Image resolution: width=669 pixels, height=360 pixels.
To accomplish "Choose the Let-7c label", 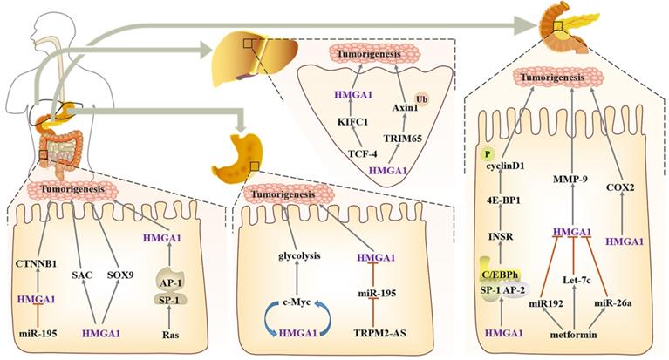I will [x=570, y=281].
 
